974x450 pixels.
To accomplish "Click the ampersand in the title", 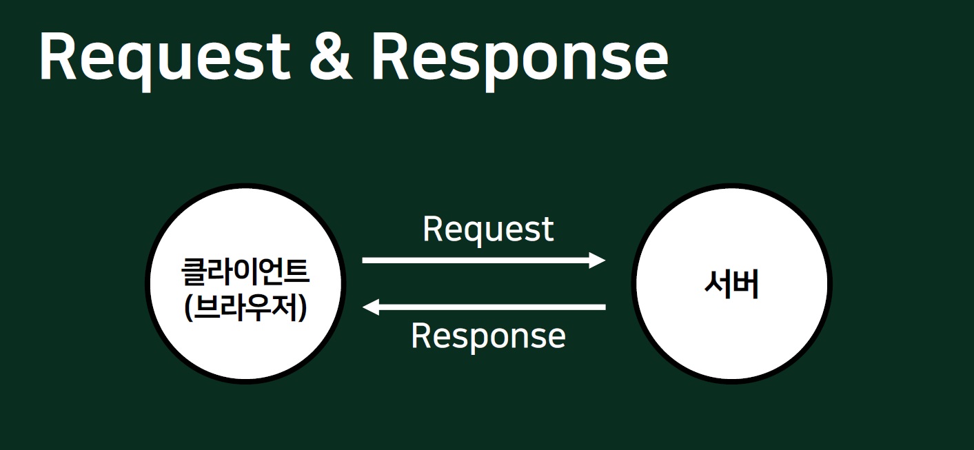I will (331, 57).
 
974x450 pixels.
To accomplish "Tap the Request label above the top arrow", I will (488, 229).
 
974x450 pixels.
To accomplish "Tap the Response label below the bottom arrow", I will (488, 336).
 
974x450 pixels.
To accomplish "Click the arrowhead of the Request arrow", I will (596, 260).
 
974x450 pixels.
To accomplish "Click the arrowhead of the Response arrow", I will (372, 307).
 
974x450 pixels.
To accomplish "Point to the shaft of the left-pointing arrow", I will (489, 307).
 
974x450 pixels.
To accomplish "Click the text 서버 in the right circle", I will (731, 285).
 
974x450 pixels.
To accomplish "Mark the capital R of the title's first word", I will (60, 57).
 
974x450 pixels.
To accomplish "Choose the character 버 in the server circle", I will (746, 285).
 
